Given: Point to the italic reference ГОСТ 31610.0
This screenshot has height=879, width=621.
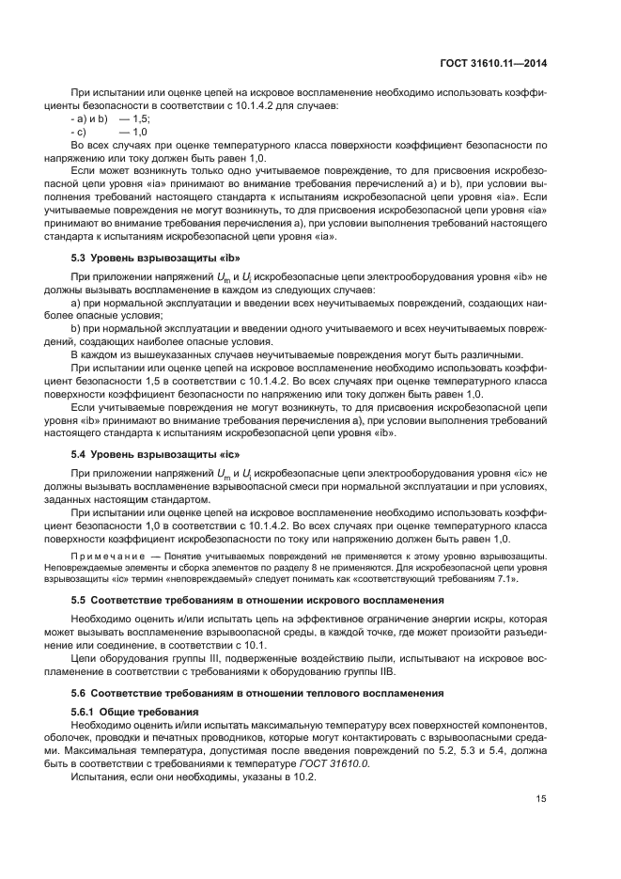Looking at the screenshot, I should click(x=337, y=762).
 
